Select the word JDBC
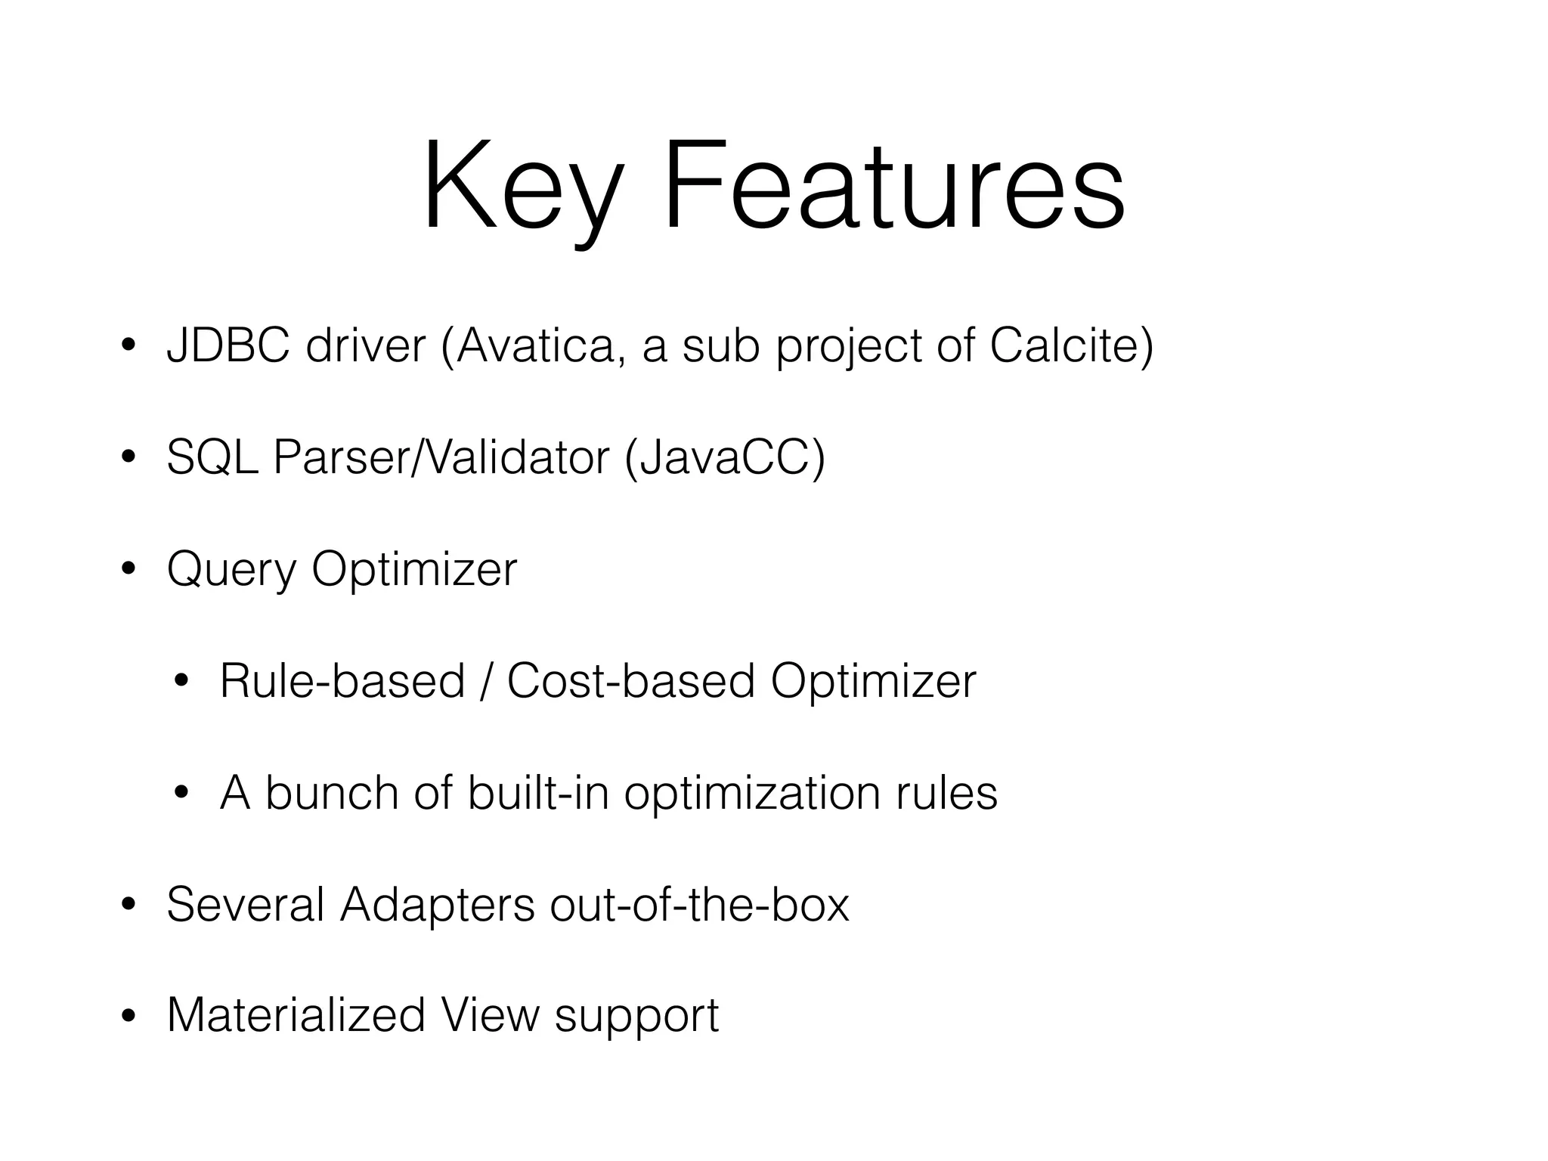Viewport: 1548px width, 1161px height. point(228,346)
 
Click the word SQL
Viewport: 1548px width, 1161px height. point(212,458)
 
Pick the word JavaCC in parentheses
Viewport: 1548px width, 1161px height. point(724,458)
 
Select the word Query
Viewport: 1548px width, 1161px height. point(231,570)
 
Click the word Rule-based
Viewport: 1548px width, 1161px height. point(342,681)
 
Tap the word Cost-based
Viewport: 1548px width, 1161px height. point(630,681)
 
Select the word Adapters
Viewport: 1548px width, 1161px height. point(437,904)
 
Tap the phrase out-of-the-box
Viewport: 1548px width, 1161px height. point(699,904)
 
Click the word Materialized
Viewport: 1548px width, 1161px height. point(296,1015)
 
